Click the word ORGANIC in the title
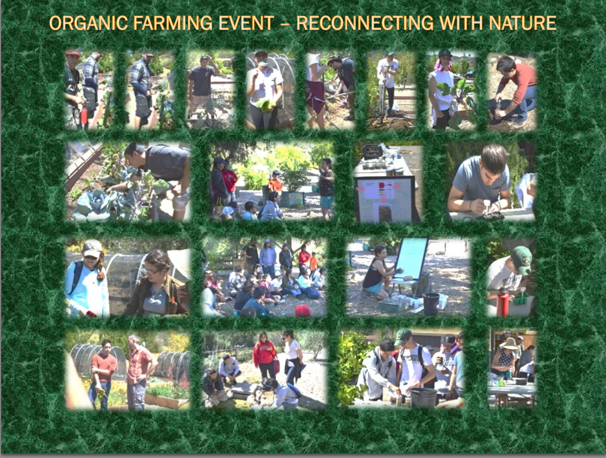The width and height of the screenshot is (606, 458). [x=89, y=23]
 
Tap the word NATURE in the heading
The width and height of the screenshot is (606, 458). [x=523, y=23]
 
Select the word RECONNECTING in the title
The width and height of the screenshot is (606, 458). [x=365, y=23]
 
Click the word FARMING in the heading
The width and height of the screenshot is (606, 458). [x=173, y=23]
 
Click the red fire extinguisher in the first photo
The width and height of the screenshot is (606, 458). [x=84, y=116]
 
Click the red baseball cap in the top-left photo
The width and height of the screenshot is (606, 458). [x=73, y=52]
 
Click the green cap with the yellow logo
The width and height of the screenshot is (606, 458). [x=522, y=259]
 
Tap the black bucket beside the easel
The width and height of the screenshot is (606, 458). [x=432, y=303]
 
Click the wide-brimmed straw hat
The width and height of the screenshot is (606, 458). [x=509, y=343]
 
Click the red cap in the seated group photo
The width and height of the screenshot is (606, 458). [x=302, y=310]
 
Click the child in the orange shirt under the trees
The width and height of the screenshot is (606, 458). [x=275, y=183]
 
